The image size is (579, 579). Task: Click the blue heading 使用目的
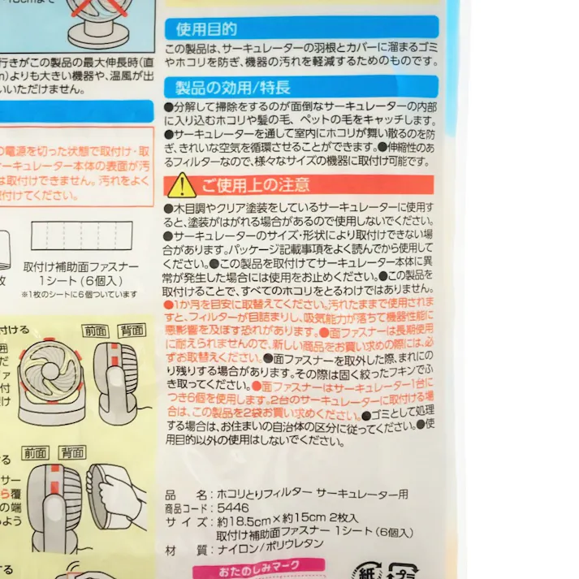(x=207, y=29)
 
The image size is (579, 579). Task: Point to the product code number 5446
(x=233, y=508)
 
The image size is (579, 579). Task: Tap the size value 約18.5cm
(x=242, y=521)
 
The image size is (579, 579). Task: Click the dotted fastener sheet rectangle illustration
(x=80, y=235)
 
